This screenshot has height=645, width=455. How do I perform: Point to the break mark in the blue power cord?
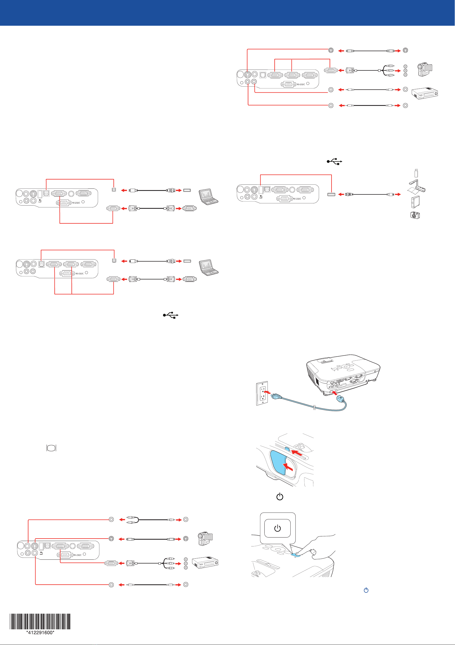coord(315,407)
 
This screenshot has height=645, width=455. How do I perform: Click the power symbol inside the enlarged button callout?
coord(277,528)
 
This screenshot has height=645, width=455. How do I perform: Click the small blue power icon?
coord(366,590)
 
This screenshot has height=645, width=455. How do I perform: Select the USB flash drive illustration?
coord(416,173)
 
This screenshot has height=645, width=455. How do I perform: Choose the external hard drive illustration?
coord(415,202)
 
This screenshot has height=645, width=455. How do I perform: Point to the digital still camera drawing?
coord(415,215)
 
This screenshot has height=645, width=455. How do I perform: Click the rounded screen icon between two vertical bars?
coord(51,448)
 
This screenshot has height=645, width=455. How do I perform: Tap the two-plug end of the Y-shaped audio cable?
coord(131,520)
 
